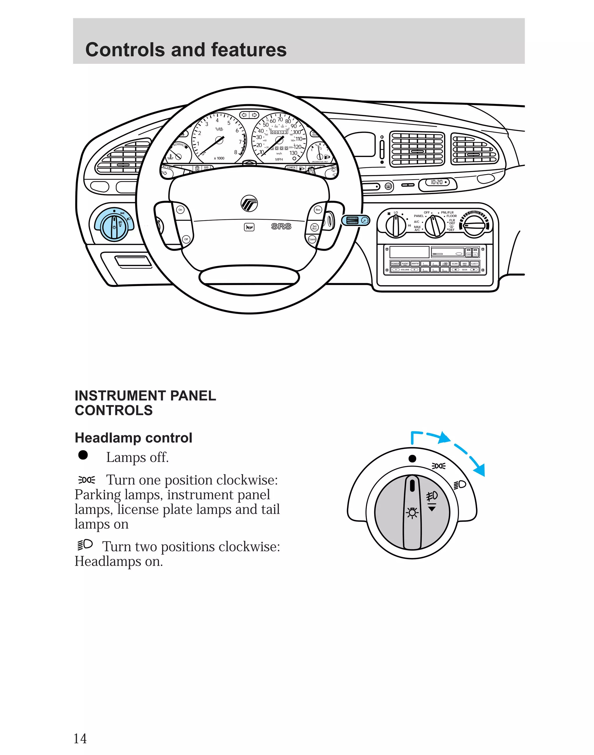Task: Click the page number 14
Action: point(80,738)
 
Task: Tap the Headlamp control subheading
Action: point(133,438)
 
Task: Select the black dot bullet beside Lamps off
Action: point(83,455)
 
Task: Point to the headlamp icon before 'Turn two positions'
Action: point(85,545)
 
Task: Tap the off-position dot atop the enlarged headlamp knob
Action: point(412,458)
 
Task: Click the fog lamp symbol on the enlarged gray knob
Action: point(432,496)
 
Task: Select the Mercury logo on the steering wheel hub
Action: point(249,203)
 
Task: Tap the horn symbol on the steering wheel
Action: point(249,227)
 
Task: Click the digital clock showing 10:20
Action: point(437,182)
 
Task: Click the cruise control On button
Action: point(180,210)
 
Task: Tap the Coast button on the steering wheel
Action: point(312,239)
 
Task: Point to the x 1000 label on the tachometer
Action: point(219,158)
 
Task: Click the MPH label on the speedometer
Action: point(279,159)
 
